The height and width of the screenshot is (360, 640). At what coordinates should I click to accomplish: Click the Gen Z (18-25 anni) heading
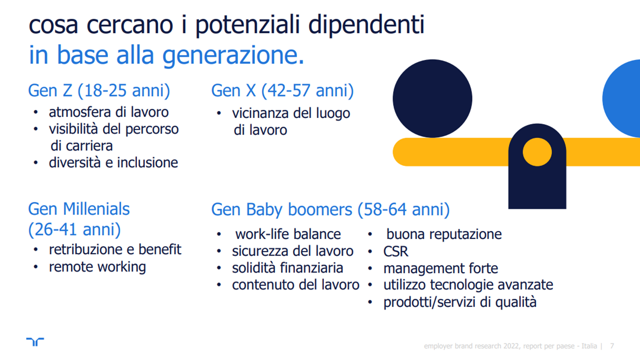(99, 91)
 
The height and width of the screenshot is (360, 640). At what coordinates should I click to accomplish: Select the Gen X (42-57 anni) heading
(282, 91)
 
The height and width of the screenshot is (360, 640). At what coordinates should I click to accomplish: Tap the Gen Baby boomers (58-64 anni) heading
(330, 209)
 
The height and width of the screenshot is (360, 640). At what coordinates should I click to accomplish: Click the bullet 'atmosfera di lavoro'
(108, 112)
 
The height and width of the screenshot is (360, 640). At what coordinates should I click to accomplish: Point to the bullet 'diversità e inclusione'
(113, 162)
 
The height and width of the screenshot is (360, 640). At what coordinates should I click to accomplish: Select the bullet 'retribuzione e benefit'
(115, 249)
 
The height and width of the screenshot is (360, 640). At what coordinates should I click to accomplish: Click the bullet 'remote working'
(97, 267)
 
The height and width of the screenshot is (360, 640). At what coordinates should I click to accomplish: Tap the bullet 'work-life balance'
(288, 234)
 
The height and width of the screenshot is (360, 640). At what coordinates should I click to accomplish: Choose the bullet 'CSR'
(395, 251)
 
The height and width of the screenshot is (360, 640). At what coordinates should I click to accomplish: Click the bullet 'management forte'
(440, 268)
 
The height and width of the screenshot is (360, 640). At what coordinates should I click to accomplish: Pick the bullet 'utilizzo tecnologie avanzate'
(468, 285)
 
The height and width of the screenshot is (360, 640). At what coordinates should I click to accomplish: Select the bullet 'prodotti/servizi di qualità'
(459, 302)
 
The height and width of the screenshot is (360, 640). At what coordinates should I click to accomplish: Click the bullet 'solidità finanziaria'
(287, 268)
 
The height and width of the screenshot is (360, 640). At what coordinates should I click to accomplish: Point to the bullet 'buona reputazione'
(444, 234)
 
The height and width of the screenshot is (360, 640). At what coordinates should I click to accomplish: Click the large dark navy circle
(432, 98)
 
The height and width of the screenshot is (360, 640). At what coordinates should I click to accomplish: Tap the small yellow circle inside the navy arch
(537, 152)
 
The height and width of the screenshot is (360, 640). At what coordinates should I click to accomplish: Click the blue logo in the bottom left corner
(35, 342)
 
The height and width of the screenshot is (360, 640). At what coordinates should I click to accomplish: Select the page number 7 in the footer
(612, 345)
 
